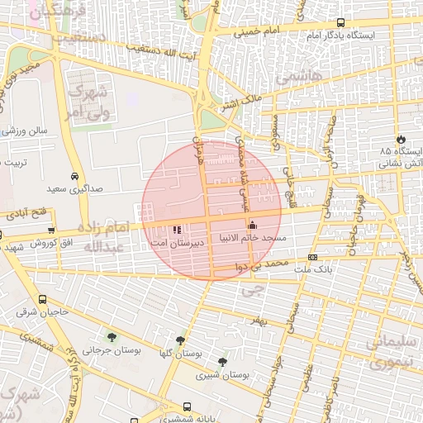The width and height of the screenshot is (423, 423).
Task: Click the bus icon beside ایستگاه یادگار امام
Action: coord(340,23)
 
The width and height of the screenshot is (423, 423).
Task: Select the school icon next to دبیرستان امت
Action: coord(176,231)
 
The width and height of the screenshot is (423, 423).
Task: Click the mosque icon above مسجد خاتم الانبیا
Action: coord(252,225)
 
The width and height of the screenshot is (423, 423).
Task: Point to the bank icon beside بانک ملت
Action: coord(312,257)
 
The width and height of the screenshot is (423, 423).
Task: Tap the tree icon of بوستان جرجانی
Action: coord(112,336)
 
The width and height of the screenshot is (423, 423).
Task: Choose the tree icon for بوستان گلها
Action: coord(180,340)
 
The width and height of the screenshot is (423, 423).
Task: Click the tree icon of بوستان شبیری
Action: coord(221,361)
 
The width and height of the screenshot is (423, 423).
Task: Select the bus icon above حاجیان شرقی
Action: coord(42,299)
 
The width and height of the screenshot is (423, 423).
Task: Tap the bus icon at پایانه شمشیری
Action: coord(188,406)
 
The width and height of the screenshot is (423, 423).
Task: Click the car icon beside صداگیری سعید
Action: coord(75,176)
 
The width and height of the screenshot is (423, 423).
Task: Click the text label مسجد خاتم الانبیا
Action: coord(252,238)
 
